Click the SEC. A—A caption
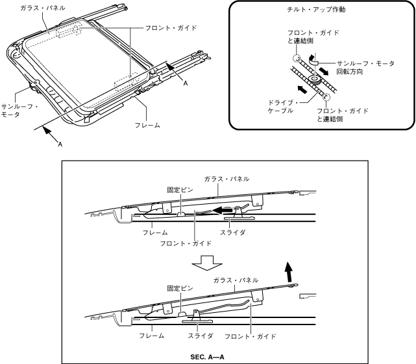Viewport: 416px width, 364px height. tap(208, 356)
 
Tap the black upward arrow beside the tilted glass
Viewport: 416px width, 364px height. tap(289, 271)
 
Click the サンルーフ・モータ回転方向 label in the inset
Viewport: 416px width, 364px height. tap(365, 67)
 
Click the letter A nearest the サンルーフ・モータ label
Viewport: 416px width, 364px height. tap(60, 144)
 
